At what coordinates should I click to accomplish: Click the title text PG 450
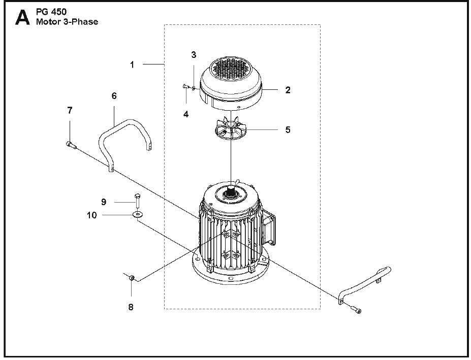[49, 12]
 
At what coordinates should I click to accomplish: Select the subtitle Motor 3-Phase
[67, 22]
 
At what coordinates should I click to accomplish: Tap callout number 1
[132, 64]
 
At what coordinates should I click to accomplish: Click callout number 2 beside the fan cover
[288, 90]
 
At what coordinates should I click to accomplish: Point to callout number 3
[194, 54]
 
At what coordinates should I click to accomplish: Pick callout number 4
[186, 115]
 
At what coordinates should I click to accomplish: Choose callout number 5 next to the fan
[288, 130]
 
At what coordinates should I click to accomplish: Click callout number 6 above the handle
[114, 95]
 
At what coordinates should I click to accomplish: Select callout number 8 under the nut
[131, 307]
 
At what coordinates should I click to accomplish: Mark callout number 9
[104, 202]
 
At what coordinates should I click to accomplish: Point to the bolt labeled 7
[71, 145]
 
